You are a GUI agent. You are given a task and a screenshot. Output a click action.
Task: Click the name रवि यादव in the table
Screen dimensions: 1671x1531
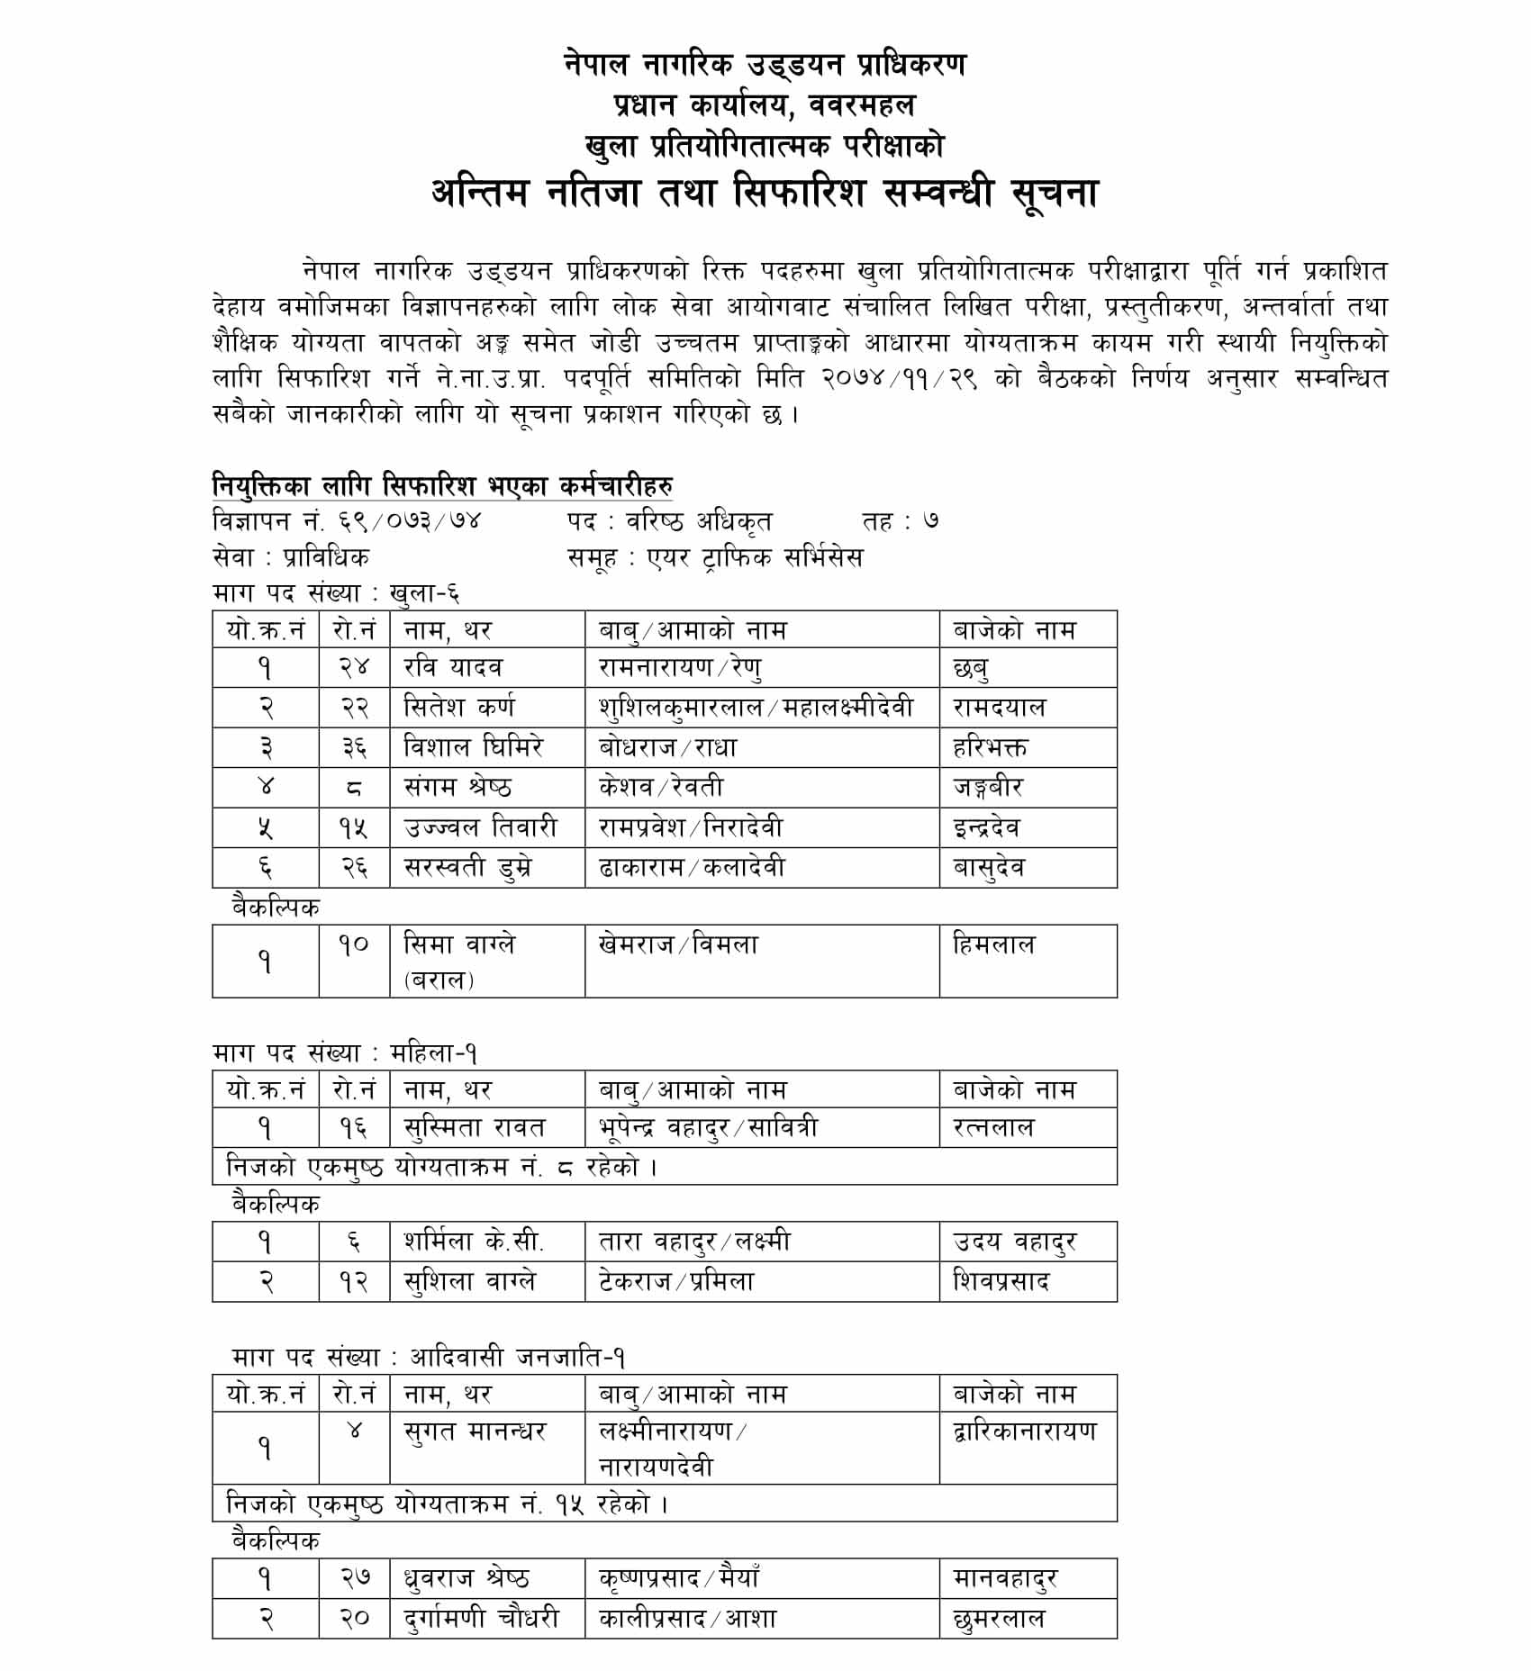pos(453,667)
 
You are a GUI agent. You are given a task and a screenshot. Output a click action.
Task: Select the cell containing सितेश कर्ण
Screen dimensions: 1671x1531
pos(459,708)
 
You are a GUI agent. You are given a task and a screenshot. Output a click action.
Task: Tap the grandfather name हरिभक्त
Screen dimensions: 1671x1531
pos(990,747)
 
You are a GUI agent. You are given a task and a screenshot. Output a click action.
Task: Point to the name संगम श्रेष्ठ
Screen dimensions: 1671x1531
pos(457,787)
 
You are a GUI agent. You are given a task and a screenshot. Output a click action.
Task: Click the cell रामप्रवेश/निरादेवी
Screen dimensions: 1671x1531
pos(691,827)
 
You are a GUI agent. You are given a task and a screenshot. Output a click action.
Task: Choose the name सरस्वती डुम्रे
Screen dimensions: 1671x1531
pos(467,867)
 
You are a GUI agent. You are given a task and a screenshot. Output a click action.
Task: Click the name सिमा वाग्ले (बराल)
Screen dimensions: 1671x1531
pos(459,961)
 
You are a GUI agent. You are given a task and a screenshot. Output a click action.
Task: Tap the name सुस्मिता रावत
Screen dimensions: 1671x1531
pos(475,1127)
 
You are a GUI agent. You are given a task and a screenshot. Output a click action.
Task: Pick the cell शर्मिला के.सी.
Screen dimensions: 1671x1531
pos(474,1242)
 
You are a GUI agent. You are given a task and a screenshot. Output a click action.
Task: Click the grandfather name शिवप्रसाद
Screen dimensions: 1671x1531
pos(1001,1281)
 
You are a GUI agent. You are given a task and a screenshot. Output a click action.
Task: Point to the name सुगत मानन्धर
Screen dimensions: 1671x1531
pos(475,1431)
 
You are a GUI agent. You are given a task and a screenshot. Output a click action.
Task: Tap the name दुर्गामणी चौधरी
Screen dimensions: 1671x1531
pos(481,1618)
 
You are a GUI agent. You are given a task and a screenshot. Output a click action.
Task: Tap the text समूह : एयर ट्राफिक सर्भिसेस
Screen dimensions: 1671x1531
pos(715,557)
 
